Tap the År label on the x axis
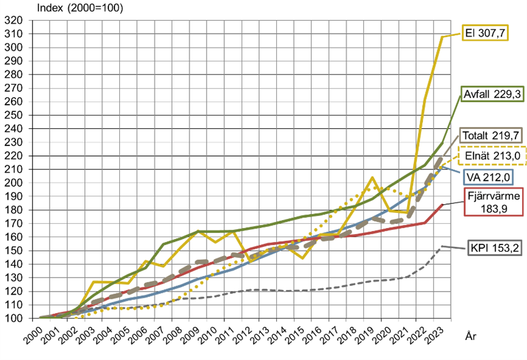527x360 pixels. coord(472,336)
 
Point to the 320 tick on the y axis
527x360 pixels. coord(13,20)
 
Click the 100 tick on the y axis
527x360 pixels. coord(13,318)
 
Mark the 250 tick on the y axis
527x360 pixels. coord(13,115)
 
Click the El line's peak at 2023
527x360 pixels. coord(442,37)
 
